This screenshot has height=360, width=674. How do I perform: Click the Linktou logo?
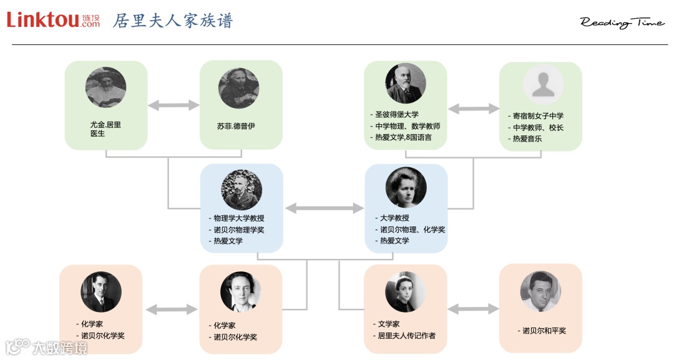click(53, 20)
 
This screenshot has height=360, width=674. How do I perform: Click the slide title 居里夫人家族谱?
click(173, 21)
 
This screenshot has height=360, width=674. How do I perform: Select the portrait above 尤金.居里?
click(105, 87)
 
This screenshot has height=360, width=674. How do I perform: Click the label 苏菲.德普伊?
click(236, 126)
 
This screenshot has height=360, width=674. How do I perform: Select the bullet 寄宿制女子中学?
click(537, 116)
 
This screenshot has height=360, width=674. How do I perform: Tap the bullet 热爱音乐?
click(527, 139)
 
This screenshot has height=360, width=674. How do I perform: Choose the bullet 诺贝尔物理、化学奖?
click(413, 230)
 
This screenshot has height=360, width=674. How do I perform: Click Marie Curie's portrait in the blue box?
click(406, 187)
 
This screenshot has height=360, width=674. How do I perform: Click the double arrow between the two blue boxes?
click(324, 208)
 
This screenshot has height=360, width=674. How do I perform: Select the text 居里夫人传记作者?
click(406, 336)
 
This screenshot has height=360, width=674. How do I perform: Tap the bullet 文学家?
click(388, 324)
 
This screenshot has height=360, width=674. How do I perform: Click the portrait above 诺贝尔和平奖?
click(540, 291)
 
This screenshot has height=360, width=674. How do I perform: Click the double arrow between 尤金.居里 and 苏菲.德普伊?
click(173, 105)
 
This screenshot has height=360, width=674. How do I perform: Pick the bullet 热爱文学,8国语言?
click(403, 137)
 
